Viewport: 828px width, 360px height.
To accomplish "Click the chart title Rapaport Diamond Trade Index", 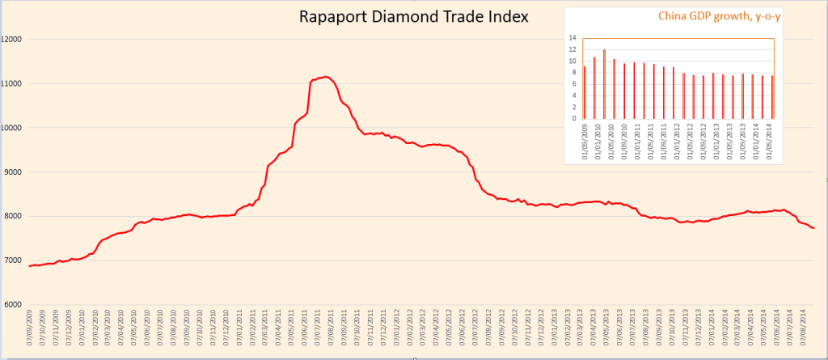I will pos(413,16).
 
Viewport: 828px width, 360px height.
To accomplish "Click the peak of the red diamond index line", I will pos(325,77).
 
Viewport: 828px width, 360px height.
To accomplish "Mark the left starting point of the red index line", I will pos(30,266).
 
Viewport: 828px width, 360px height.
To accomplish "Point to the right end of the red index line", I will pos(813,229).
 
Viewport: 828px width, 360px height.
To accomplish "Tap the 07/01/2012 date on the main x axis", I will pos(397,332).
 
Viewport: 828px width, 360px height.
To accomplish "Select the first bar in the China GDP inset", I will pos(584,91).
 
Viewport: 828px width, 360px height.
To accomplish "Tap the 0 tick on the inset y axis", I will pos(575,118).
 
